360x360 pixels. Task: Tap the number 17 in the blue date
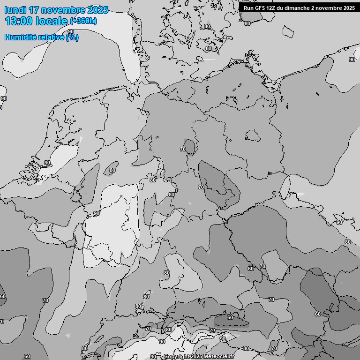point(34,10)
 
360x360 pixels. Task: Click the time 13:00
point(19,21)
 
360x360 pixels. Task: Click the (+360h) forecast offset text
point(83,21)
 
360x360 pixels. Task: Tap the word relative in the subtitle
point(52,37)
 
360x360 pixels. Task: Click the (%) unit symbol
point(72,37)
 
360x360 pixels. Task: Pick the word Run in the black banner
point(248,8)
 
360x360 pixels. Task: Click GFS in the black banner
point(260,8)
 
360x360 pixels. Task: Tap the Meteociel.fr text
point(219,357)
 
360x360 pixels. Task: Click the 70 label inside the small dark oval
point(183,149)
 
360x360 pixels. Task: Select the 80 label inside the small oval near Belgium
point(112,170)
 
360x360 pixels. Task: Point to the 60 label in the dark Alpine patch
point(230,317)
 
